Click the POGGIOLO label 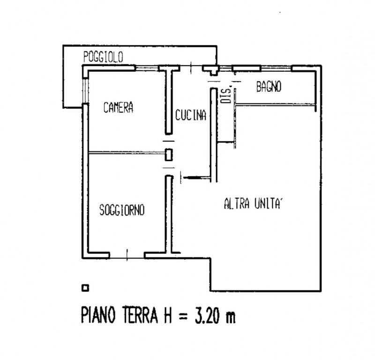103,58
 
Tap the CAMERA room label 119,108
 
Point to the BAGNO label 269,87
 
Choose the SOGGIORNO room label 122,210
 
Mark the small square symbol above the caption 85,287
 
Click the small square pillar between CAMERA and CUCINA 168,155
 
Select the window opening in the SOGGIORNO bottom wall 127,255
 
